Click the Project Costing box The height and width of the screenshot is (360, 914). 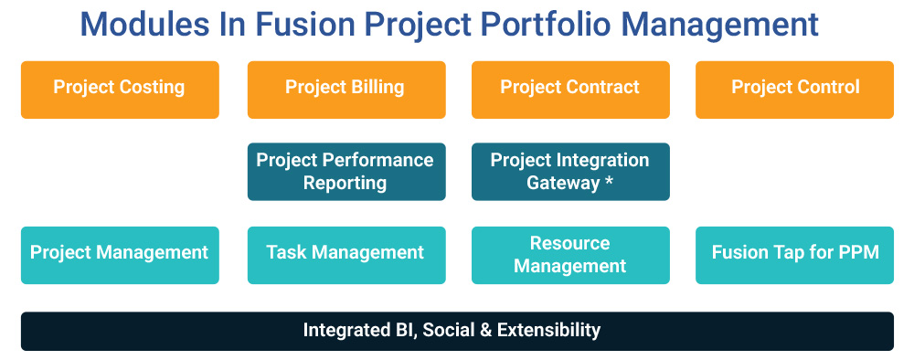point(120,90)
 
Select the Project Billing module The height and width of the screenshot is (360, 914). point(346,90)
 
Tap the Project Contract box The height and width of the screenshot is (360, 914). point(570,90)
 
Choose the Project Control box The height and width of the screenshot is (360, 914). point(794,90)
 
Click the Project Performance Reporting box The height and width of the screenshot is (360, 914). point(346,172)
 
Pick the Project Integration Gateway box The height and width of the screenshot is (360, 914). point(570,172)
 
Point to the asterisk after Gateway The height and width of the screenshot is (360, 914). point(609,181)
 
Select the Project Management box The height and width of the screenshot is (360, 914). point(120,255)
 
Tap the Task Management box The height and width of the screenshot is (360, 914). point(346,255)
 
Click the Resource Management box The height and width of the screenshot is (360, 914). point(570,255)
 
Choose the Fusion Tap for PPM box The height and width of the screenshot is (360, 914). point(794,255)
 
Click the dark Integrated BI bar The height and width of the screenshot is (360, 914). point(457,332)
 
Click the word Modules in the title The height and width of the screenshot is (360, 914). point(145,25)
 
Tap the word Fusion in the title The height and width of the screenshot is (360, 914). point(305,25)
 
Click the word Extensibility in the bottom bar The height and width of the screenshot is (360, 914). point(548,330)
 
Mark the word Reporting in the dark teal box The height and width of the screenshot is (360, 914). point(345,184)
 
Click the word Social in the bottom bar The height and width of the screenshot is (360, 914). point(447,330)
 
